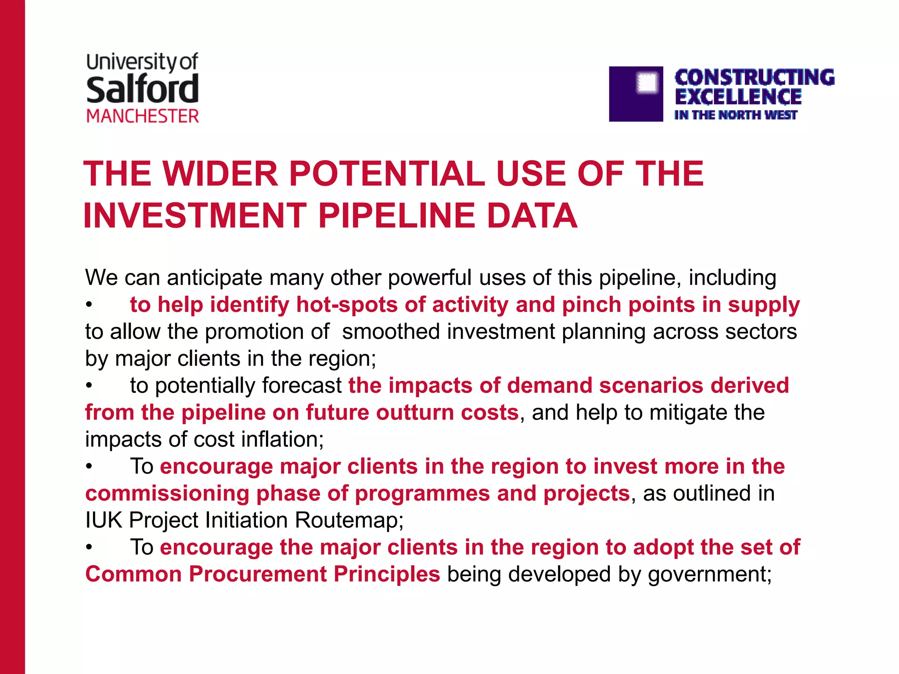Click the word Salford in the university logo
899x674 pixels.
click(142, 89)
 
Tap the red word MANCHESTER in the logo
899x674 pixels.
click(143, 116)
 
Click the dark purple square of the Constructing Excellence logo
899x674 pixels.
click(635, 94)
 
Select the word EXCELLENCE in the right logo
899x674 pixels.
click(738, 97)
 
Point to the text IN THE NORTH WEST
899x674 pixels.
click(735, 115)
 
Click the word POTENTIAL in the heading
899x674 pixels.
click(387, 174)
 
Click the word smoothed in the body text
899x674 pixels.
click(391, 331)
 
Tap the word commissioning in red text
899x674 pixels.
click(167, 493)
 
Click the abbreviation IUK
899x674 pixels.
click(104, 520)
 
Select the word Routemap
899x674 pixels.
click(349, 520)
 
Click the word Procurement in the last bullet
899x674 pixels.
click(258, 574)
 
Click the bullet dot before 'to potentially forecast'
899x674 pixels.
click(89, 386)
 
